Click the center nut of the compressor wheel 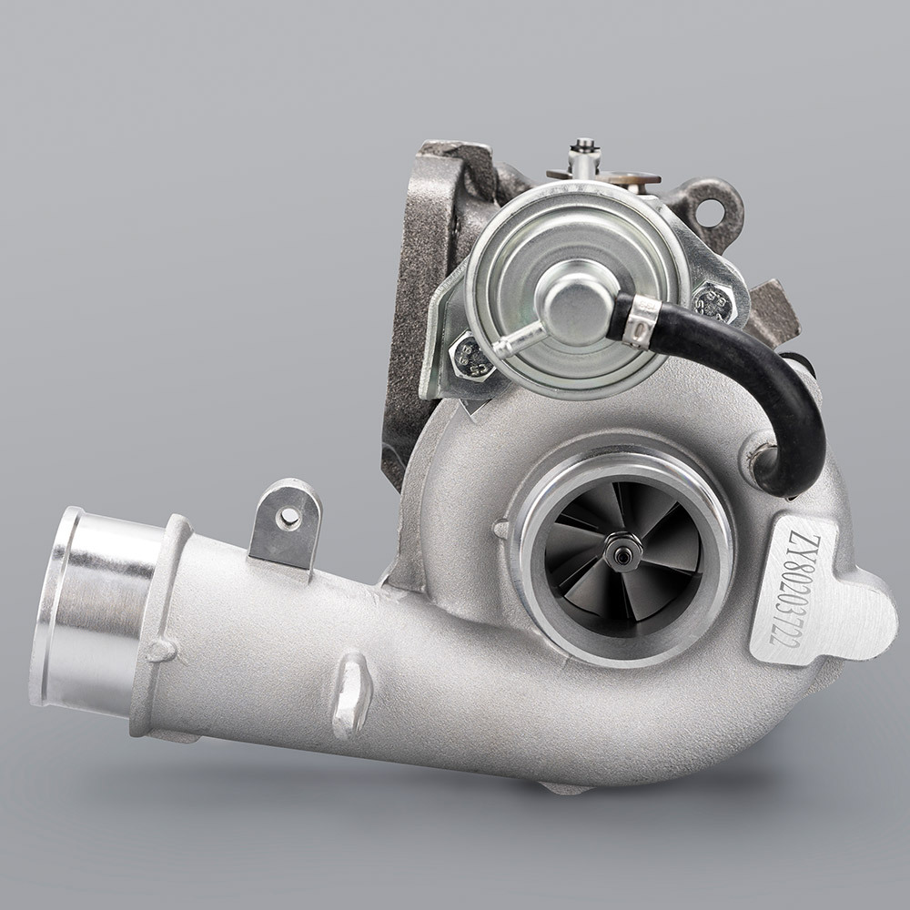622,551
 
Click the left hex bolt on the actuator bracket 471,355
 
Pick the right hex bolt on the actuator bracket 714,301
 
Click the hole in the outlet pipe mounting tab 289,518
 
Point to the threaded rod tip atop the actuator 583,147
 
